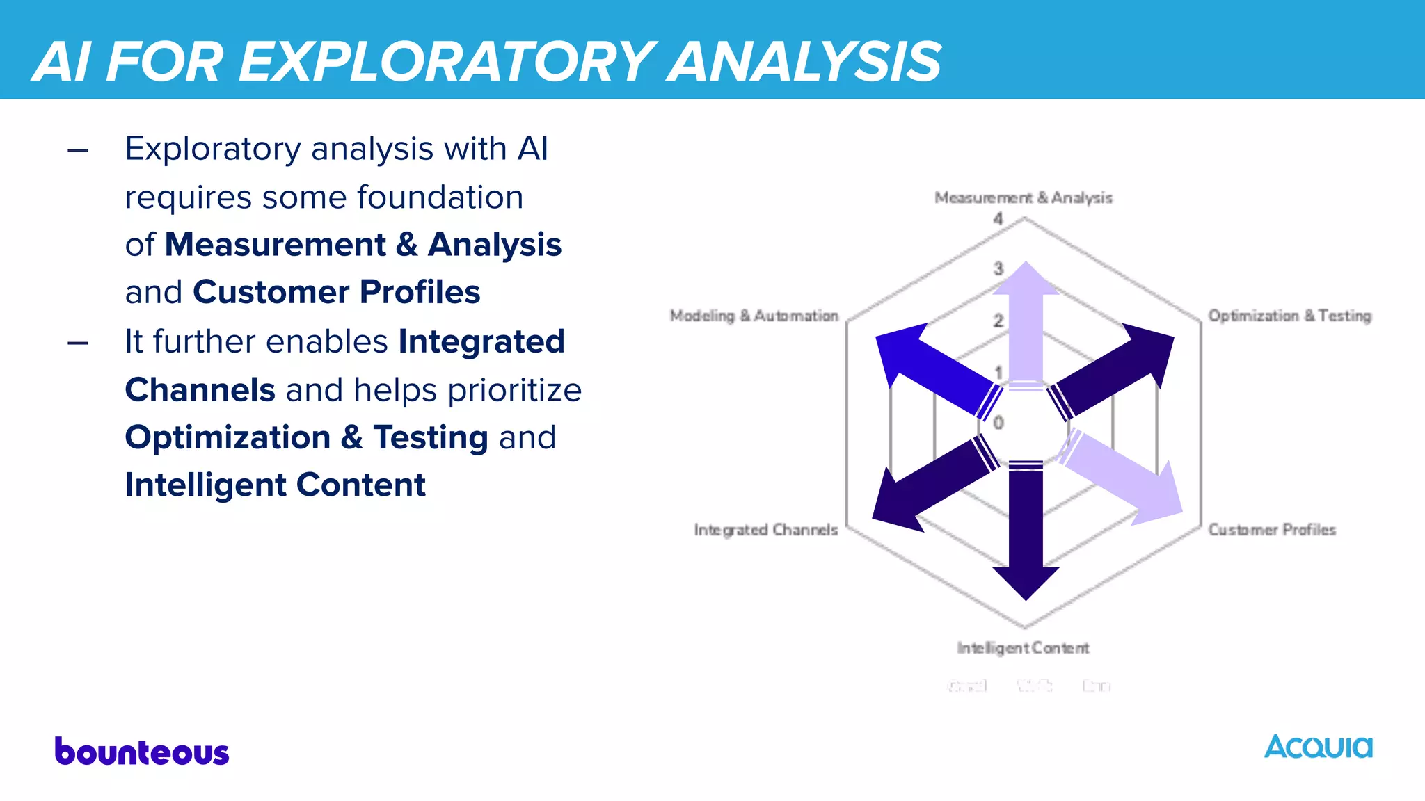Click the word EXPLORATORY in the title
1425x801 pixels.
pos(445,63)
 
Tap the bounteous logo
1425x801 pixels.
pos(142,752)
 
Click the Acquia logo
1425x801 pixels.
pos(1318,747)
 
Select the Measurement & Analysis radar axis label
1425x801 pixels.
pos(1023,198)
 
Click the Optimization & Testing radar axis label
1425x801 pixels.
pos(1289,316)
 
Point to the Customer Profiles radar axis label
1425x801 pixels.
pos(1272,530)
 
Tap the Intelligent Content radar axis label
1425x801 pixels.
pos(1023,648)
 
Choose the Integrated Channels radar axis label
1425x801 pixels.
pos(765,530)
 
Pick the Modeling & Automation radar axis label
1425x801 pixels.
pos(754,316)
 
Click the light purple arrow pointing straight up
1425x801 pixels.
pos(1026,320)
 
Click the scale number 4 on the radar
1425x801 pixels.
pos(998,219)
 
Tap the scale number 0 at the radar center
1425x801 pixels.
pos(998,422)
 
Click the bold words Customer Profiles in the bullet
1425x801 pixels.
pos(336,292)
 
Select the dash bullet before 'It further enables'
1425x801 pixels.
pos(78,343)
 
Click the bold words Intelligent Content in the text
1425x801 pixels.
pos(275,485)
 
